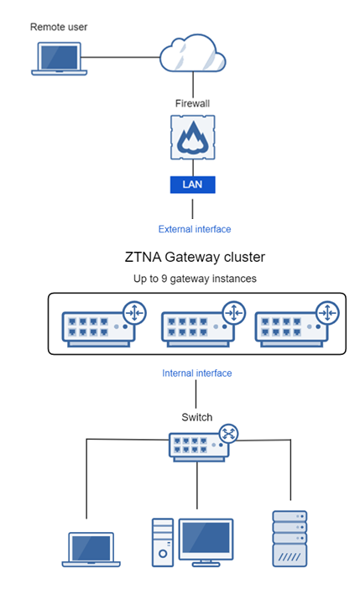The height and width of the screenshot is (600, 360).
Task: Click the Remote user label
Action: (x=59, y=27)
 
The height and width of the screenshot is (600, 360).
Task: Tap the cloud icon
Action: (x=193, y=55)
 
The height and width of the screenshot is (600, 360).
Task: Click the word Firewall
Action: (x=192, y=103)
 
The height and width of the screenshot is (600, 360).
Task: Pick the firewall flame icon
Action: (x=194, y=138)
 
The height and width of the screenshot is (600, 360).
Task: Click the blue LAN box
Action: (x=194, y=184)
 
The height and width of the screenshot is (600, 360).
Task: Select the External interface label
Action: (x=195, y=228)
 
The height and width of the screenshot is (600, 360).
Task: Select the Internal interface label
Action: (x=196, y=373)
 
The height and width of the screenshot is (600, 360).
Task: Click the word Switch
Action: (x=197, y=417)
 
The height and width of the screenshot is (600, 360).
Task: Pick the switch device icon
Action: (x=198, y=445)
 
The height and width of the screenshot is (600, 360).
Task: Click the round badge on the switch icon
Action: (x=229, y=434)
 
